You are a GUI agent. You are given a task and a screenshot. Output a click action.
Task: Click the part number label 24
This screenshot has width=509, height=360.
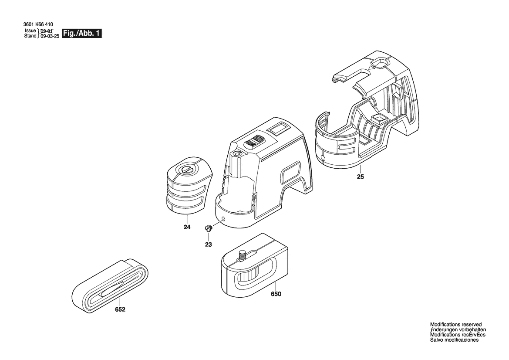point(187,227)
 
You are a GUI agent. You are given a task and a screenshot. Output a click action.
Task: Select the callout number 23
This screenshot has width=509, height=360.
point(209,245)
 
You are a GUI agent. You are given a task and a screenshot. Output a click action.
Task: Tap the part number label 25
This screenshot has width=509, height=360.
point(361,177)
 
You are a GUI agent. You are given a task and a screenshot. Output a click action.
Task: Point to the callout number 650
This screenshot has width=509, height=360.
point(276,294)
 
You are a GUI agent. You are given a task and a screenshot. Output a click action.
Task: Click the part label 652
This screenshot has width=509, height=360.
point(120,309)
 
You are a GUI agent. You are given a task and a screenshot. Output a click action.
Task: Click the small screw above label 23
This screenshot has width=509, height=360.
point(208,228)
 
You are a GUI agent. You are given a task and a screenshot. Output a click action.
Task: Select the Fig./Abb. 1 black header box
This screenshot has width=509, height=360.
point(82,33)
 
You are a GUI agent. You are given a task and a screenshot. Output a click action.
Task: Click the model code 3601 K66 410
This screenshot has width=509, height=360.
point(39,24)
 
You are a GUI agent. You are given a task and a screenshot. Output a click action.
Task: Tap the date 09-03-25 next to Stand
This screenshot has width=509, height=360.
point(50,36)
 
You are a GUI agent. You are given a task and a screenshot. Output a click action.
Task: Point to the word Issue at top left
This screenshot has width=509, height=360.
point(30,31)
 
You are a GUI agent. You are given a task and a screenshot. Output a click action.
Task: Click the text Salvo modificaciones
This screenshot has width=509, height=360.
point(454,340)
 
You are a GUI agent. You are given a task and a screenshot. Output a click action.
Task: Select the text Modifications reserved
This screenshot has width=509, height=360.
point(456,324)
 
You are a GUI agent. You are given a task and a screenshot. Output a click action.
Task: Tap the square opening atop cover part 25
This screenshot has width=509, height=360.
point(379,63)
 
